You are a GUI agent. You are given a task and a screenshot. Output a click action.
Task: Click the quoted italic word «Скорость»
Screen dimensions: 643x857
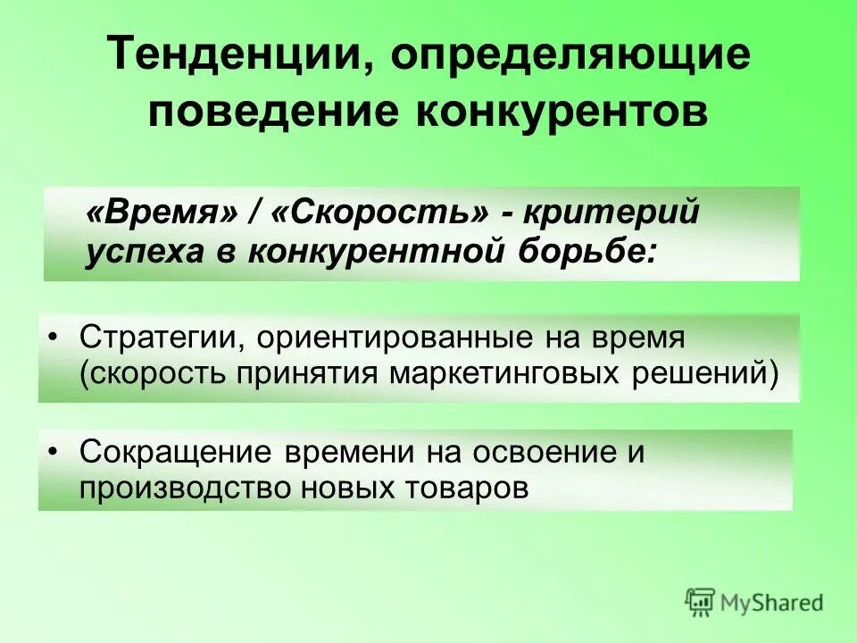pyautogui.click(x=379, y=214)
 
